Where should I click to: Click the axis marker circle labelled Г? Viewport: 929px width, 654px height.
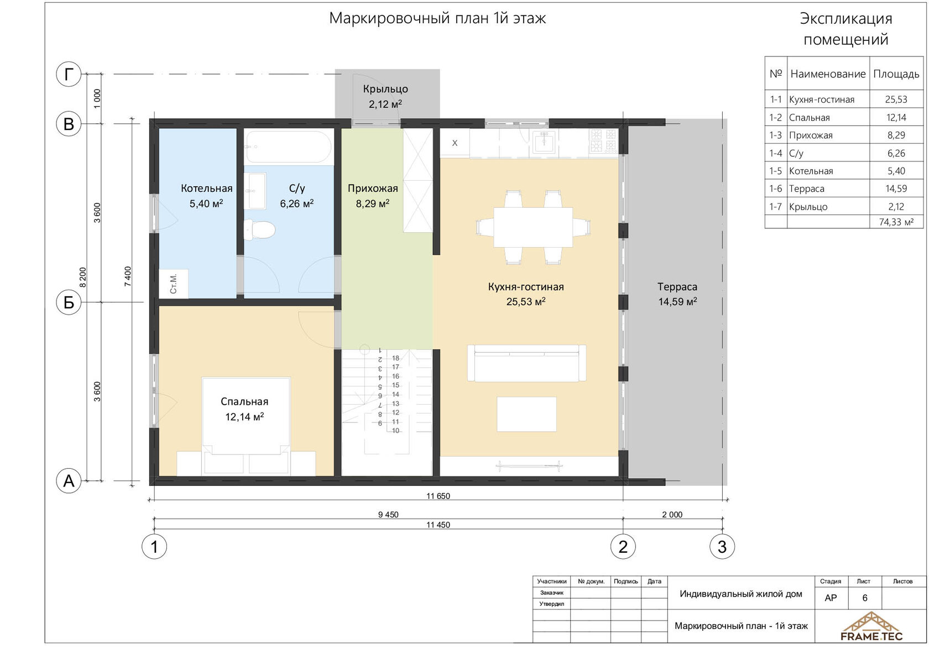point(69,74)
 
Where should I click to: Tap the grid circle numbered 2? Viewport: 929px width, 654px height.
point(623,547)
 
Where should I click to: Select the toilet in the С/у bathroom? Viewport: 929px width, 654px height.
point(259,229)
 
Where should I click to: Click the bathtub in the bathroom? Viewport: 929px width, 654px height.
point(289,147)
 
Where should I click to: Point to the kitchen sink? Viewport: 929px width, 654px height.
point(544,142)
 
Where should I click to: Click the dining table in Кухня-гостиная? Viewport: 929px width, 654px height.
point(533,227)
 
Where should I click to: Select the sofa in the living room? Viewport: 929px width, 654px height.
point(526,363)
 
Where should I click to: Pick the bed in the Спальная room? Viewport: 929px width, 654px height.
point(246,426)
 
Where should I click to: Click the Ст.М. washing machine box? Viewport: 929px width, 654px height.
point(174,284)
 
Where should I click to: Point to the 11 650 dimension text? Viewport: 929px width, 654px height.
point(438,496)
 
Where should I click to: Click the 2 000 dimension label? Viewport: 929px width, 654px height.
point(672,515)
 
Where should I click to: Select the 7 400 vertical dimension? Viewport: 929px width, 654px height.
point(128,276)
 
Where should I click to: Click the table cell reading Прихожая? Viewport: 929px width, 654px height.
point(811,135)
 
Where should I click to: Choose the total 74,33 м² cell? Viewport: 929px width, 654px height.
point(896,222)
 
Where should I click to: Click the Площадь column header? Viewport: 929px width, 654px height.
point(896,74)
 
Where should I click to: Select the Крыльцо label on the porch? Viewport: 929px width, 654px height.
point(385,89)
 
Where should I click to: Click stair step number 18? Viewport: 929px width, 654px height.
point(395,358)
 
